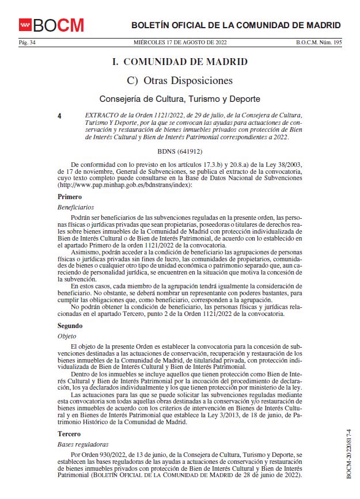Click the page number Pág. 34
[27, 43]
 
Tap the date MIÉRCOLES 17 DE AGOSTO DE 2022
[180, 43]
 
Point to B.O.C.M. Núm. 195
[319, 43]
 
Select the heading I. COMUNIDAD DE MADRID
[180, 62]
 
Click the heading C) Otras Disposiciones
[180, 81]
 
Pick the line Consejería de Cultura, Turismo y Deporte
[180, 99]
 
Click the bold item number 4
[60, 116]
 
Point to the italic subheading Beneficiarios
[75, 207]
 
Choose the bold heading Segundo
[70, 325]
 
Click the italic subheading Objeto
[67, 335]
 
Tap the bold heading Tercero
[69, 433]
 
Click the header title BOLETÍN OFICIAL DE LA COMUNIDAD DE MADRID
[236, 25]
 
